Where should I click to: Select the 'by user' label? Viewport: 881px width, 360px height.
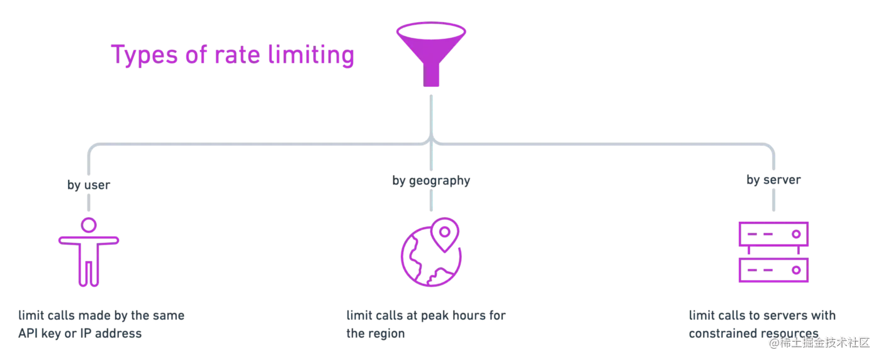click(x=88, y=184)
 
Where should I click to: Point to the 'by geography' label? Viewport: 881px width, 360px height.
click(x=432, y=181)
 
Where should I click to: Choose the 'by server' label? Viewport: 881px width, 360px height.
click(x=773, y=181)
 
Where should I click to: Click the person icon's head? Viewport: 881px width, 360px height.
click(x=88, y=224)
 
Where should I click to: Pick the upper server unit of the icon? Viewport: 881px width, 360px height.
click(x=773, y=233)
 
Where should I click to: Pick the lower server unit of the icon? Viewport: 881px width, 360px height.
click(x=773, y=271)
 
